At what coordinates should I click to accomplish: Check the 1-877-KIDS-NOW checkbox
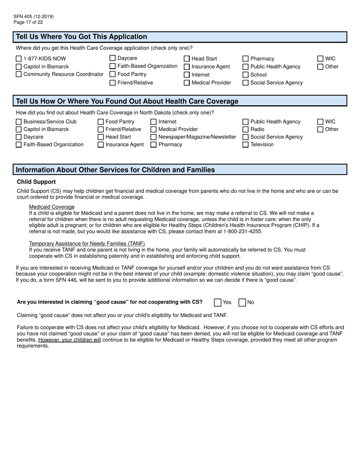click(x=19, y=59)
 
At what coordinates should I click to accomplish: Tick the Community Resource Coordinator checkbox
click(x=19, y=74)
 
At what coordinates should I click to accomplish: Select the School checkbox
click(x=246, y=75)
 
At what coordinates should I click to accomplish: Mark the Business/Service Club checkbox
click(x=19, y=122)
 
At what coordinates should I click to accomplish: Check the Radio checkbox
click(x=246, y=130)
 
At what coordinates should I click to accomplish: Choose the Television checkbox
click(x=246, y=145)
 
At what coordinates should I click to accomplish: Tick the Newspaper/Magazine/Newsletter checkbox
click(x=153, y=137)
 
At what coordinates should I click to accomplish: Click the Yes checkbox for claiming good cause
click(x=218, y=302)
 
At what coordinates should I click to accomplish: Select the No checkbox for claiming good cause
click(x=242, y=302)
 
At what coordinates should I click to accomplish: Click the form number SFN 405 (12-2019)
click(x=33, y=17)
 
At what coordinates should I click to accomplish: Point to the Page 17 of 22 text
click(x=28, y=22)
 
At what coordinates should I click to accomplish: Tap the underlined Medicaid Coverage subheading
click(x=52, y=207)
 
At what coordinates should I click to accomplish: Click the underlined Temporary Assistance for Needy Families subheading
click(x=87, y=244)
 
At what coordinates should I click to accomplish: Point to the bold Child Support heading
click(x=36, y=182)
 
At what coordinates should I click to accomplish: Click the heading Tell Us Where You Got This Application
click(x=81, y=37)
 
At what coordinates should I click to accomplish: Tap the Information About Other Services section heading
click(x=115, y=170)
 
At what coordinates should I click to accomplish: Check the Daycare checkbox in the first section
click(x=113, y=58)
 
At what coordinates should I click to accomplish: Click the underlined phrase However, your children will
click(x=69, y=340)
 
